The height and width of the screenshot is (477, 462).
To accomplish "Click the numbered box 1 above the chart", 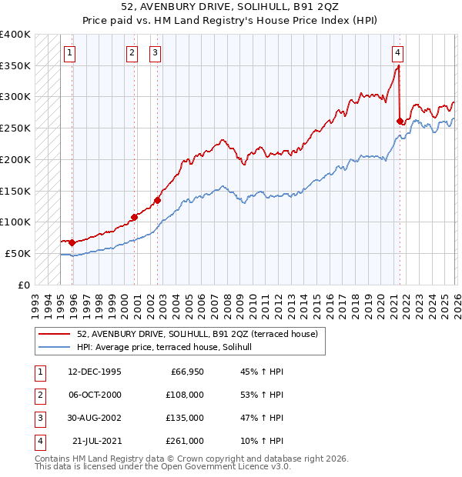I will click(69, 53).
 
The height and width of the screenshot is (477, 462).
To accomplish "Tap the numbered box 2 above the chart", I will click(132, 53).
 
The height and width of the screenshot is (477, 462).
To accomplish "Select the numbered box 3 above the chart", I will click(156, 53).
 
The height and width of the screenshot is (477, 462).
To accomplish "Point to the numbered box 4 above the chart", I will click(397, 53).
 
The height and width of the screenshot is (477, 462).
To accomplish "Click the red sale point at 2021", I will click(400, 121).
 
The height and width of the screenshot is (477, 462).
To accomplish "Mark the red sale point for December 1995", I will click(72, 242).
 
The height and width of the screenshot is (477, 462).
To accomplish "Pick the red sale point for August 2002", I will click(158, 200).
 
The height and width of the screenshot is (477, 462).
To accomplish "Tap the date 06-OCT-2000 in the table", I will click(95, 395).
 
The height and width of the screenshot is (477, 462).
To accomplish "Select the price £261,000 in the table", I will click(185, 441).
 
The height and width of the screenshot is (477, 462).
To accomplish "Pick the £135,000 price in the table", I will click(185, 418).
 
